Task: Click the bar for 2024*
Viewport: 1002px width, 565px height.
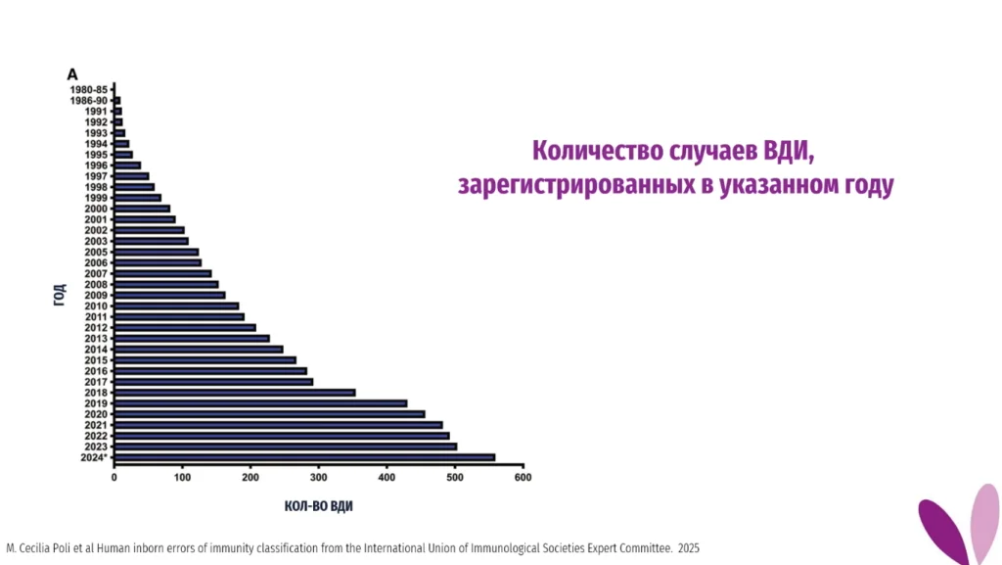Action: (x=304, y=457)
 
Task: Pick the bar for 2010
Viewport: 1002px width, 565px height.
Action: (x=176, y=306)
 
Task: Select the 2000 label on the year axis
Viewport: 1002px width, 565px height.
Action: (x=96, y=209)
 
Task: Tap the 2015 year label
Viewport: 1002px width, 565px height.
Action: (x=96, y=360)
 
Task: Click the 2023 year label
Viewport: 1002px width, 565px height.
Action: (x=96, y=447)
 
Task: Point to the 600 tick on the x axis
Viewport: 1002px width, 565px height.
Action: (x=523, y=478)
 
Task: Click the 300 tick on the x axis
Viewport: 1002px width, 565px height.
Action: (x=318, y=478)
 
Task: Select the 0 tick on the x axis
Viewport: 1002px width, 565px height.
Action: (x=114, y=478)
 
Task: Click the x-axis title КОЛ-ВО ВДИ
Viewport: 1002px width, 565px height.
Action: (x=319, y=507)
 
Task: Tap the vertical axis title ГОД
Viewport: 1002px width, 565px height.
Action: (x=60, y=294)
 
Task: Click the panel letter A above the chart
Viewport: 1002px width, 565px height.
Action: (x=71, y=74)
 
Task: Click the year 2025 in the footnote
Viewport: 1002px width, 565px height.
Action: (x=689, y=548)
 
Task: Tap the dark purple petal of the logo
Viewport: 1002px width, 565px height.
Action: (x=942, y=530)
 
